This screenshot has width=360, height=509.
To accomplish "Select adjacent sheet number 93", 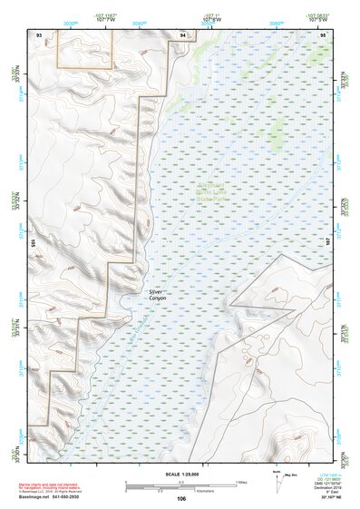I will [38, 34].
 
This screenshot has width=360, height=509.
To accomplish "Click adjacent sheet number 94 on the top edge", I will [183, 34].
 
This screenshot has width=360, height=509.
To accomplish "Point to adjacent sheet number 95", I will [323, 34].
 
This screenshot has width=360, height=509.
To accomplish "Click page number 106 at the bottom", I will [180, 498].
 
